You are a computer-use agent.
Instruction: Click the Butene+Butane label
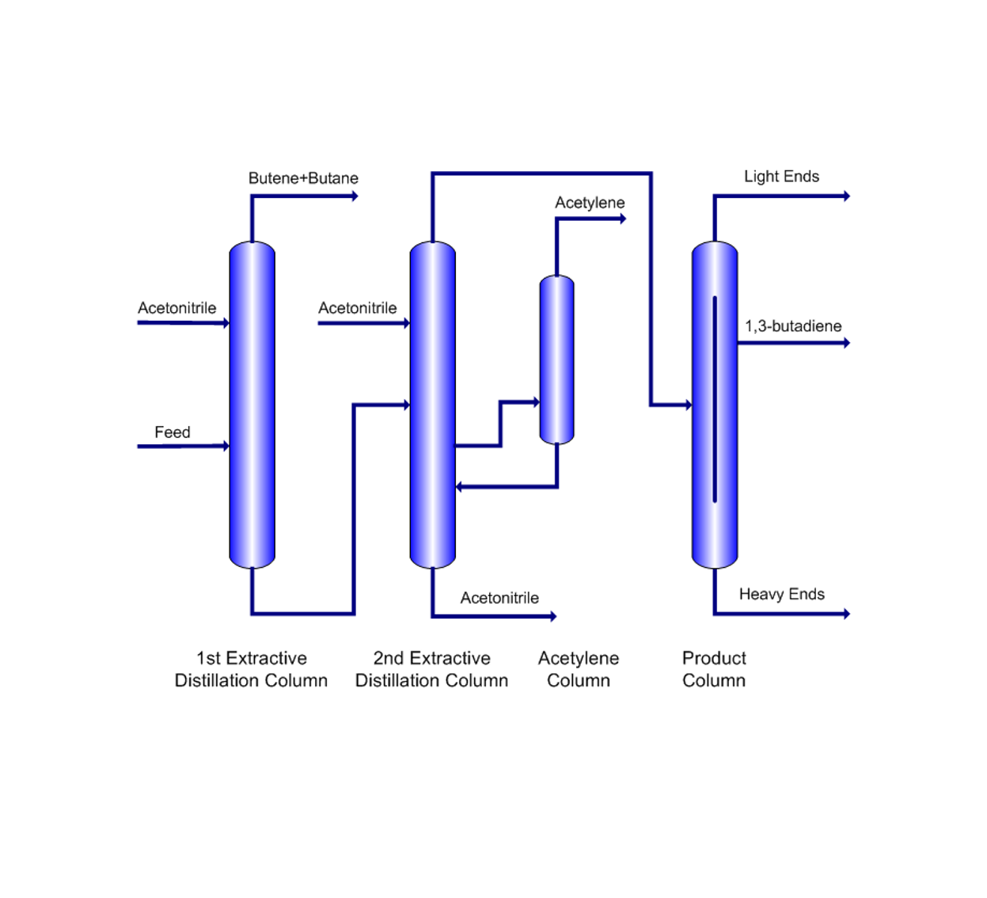click(303, 178)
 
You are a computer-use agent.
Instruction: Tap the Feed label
click(172, 432)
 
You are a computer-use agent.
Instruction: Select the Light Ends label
click(781, 177)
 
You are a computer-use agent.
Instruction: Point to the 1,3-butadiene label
click(793, 326)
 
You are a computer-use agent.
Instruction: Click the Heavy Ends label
click(781, 595)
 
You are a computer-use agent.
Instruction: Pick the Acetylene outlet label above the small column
click(590, 203)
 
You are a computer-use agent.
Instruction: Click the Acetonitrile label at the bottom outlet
click(499, 598)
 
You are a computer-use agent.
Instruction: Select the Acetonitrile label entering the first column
click(177, 308)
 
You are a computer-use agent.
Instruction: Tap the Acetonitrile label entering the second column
click(357, 308)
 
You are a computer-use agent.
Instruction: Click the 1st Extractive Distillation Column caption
click(251, 669)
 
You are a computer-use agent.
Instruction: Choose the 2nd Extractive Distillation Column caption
click(431, 669)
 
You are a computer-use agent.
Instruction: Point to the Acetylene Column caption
click(579, 669)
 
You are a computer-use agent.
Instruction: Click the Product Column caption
click(714, 669)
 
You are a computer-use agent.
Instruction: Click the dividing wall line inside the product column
click(715, 400)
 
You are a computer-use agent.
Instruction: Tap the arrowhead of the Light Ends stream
click(846, 196)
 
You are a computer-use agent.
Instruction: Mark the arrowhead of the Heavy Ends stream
click(846, 614)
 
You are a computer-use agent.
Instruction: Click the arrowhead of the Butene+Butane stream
click(355, 196)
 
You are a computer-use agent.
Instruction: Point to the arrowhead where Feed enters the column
click(226, 447)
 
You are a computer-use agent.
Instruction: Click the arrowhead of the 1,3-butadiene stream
click(846, 343)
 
